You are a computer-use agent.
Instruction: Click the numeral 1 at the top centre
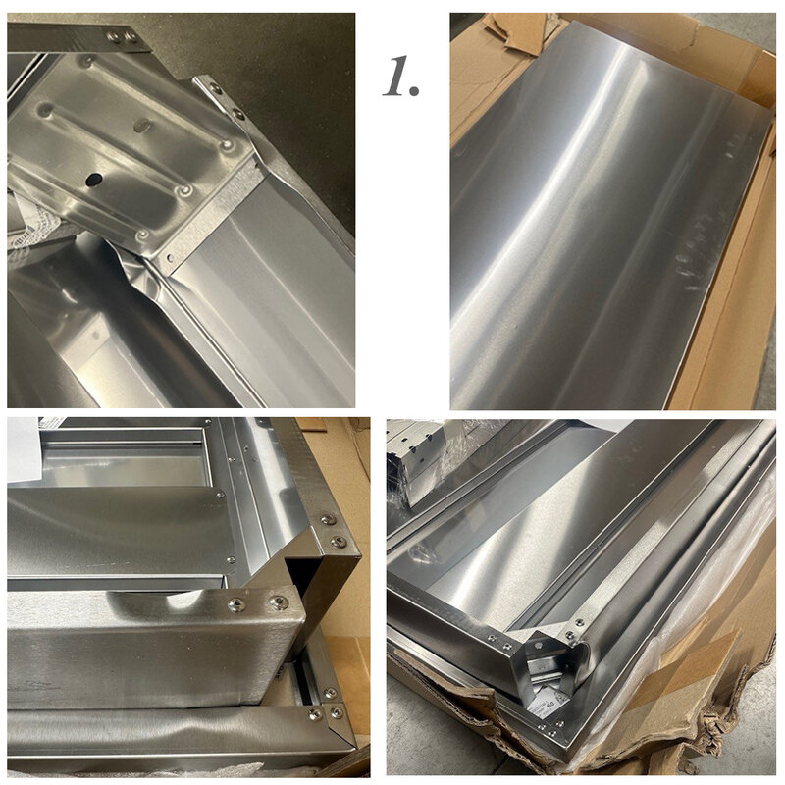pyautogui.click(x=394, y=76)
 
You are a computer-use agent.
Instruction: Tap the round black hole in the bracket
pyautogui.click(x=93, y=180)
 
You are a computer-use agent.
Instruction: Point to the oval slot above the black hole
pyautogui.click(x=142, y=126)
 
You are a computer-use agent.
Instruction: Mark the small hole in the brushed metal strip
pyautogui.click(x=170, y=258)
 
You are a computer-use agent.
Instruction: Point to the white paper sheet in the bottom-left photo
pyautogui.click(x=23, y=448)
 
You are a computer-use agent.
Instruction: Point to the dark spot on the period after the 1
pyautogui.click(x=413, y=89)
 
